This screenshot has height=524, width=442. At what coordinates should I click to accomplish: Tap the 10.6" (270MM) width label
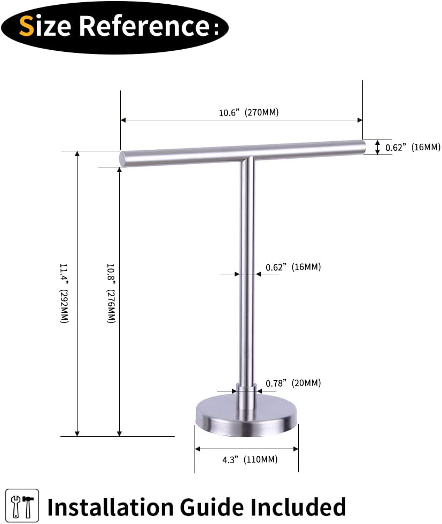(249, 113)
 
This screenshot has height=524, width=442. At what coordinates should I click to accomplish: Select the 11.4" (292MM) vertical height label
(64, 294)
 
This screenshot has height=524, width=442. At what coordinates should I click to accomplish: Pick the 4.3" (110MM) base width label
(250, 459)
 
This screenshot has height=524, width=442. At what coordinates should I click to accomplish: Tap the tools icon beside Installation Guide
(22, 505)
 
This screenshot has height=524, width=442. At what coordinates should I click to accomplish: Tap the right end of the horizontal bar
(362, 146)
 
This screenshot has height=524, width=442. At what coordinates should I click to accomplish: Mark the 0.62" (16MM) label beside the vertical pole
(293, 267)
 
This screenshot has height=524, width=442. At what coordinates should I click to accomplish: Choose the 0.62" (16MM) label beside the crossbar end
(413, 147)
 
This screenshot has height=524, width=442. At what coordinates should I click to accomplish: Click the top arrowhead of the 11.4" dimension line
(78, 154)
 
